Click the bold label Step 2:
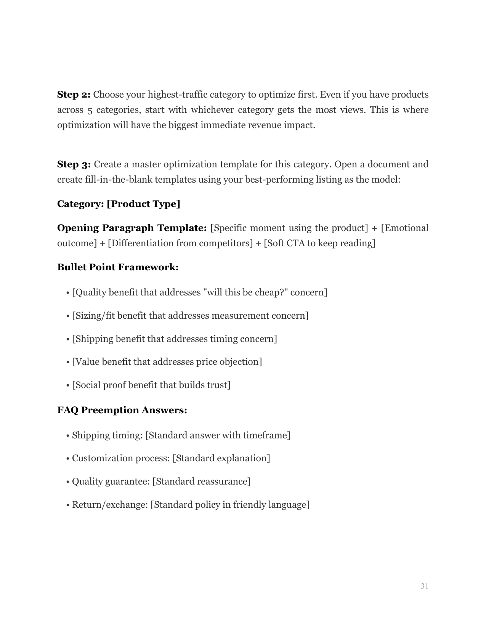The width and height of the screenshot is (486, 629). [x=74, y=95]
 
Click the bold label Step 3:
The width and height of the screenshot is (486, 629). [x=74, y=164]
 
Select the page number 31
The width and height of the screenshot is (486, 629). [x=424, y=586]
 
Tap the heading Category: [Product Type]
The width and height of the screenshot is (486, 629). [x=119, y=204]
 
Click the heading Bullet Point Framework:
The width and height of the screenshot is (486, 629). [x=118, y=267]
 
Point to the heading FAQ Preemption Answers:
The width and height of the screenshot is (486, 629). [x=122, y=410]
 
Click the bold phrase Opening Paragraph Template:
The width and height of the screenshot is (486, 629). [x=132, y=228]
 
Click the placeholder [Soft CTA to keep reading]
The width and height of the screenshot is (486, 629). [x=319, y=243]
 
